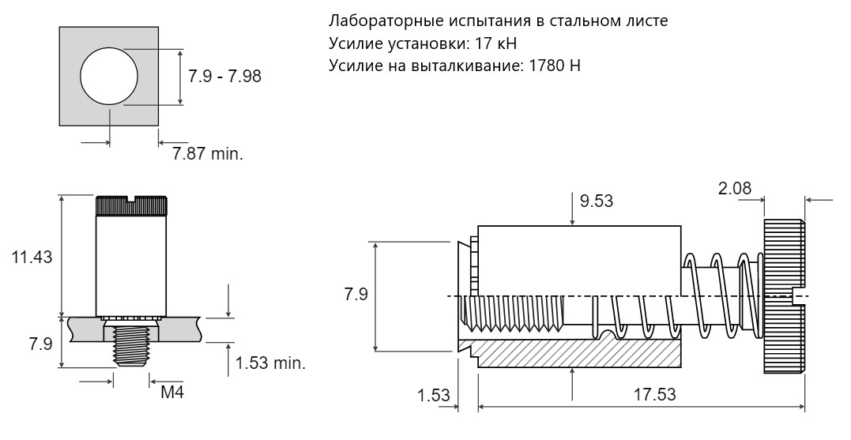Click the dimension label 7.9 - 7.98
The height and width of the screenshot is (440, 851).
(x=225, y=77)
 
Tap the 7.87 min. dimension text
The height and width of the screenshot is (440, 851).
(x=208, y=153)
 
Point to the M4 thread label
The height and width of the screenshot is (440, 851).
(x=172, y=393)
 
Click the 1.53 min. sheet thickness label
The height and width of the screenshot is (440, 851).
(x=271, y=364)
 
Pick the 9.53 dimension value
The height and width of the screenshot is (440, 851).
(x=597, y=201)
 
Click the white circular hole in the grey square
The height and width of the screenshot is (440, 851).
(x=109, y=77)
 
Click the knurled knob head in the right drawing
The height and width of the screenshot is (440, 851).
(x=783, y=297)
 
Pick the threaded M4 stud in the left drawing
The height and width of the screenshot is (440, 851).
(x=131, y=344)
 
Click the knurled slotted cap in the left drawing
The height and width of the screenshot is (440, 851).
(x=132, y=205)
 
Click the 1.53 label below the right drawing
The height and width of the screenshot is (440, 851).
(x=433, y=394)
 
